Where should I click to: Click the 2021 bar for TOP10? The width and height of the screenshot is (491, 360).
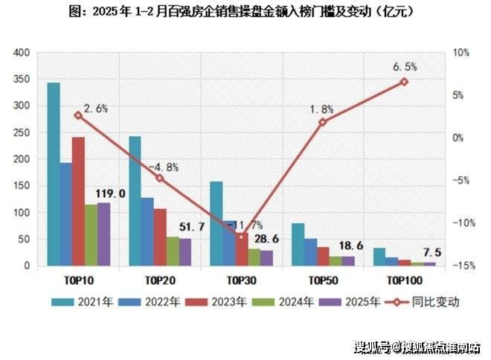point(53,174)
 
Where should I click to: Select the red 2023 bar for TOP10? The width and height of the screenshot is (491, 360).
point(78,201)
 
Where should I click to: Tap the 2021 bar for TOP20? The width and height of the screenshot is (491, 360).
point(135,201)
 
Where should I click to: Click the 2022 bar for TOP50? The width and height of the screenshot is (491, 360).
point(310,252)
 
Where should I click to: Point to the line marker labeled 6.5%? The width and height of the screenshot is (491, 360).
point(404,82)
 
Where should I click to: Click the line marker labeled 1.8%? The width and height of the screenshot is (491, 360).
point(323,122)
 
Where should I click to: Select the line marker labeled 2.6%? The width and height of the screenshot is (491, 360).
point(78,115)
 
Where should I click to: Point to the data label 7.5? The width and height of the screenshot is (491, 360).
point(433,253)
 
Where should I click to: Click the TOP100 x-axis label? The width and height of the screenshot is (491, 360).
point(404,280)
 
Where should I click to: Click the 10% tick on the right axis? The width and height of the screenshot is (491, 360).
point(460,53)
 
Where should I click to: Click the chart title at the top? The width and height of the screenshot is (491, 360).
point(245,13)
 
